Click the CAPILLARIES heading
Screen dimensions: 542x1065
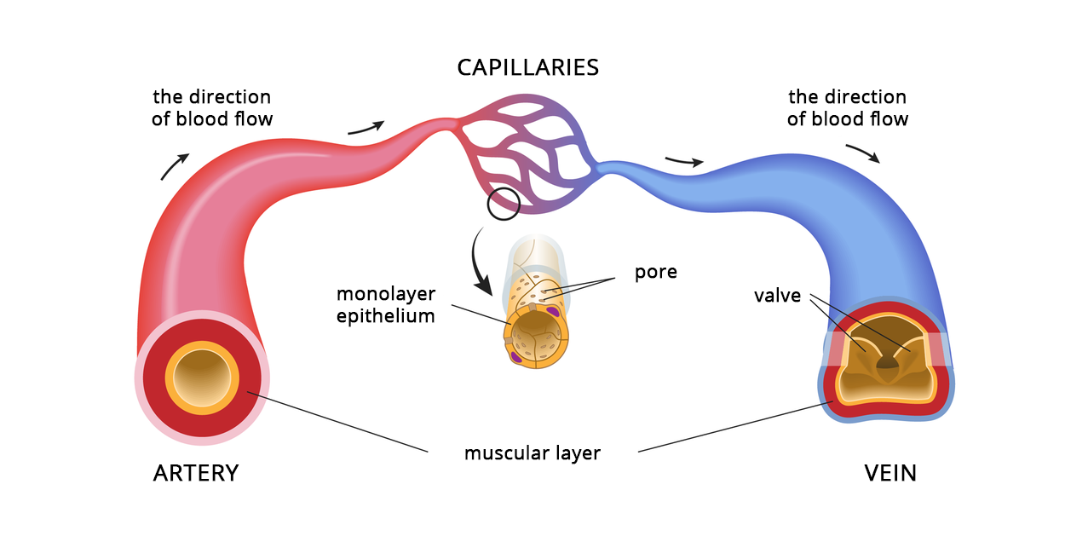[x=527, y=67]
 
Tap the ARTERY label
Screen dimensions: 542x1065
[x=196, y=473]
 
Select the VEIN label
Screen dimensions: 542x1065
[x=890, y=473]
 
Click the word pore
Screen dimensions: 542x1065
[x=656, y=273]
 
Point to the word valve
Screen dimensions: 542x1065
[x=777, y=296]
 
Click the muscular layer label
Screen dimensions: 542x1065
[x=532, y=453]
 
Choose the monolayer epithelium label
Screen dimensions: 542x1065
[x=385, y=305]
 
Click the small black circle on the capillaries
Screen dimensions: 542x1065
[x=503, y=204]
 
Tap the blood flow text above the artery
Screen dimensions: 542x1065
[x=212, y=107]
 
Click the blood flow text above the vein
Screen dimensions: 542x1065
[x=847, y=107]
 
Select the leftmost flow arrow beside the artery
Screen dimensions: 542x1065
[x=176, y=166]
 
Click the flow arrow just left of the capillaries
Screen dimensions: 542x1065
[x=366, y=128]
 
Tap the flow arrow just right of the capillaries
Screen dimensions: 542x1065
[x=684, y=161]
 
